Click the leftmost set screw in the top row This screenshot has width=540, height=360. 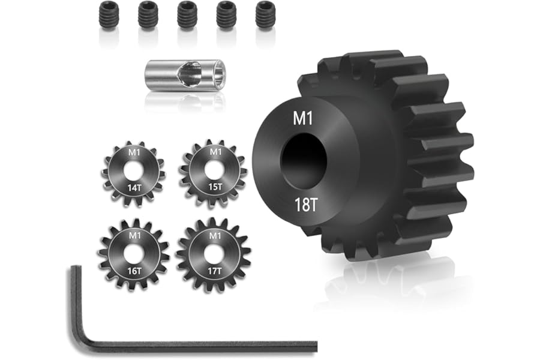tap(109, 16)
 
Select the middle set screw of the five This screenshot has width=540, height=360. tap(187, 16)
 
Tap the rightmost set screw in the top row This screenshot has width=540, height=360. tap(266, 16)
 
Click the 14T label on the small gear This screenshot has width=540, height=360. tap(134, 188)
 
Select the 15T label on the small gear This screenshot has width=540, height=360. tap(215, 187)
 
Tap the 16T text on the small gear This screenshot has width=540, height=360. tap(134, 271)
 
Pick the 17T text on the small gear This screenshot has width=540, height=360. tap(215, 271)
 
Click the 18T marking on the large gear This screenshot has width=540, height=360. tap(305, 205)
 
